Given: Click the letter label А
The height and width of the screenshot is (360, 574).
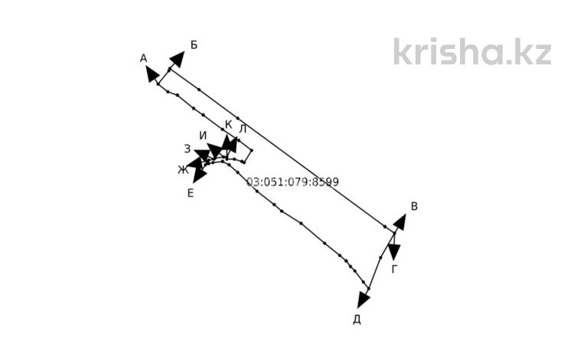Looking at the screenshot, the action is pos(144,58).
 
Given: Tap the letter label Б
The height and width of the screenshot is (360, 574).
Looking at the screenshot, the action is pos(194,44).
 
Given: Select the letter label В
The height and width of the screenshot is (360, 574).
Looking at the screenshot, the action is pos(414,206).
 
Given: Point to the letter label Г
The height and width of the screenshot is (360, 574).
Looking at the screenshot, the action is pos(394,270).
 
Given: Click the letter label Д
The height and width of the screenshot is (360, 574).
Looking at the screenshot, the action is pos(357,319).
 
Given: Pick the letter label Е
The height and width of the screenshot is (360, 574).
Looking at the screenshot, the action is pos(191,193).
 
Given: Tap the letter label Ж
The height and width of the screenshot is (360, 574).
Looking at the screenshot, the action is pos(183,170).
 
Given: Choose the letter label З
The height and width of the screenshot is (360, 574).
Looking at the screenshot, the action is pos(187,149).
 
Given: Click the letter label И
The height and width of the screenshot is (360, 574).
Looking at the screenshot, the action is pos(203,136).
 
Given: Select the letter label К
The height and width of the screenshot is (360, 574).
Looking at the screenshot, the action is pos(228,125).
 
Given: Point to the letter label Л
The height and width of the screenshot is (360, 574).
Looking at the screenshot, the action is pos(243,129).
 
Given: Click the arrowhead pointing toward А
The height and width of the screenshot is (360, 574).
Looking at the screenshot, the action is pos(152,74).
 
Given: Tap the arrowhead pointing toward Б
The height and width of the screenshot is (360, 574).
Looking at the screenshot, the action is pos(178,59).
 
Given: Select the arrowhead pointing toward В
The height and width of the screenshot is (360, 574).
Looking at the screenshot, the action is pos(400,222).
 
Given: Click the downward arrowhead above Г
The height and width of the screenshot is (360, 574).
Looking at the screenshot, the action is pos(394,252).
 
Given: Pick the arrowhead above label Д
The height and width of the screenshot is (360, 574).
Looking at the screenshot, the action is pos(363,299).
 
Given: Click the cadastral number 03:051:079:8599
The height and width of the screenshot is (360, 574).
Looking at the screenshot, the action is pos(292,182).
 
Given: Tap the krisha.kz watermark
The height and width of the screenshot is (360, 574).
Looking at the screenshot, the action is pos(472,51).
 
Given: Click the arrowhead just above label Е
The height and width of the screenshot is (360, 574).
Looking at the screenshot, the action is pos(199,175).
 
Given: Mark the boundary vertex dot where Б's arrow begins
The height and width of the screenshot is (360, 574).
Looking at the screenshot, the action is pos(169,69).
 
